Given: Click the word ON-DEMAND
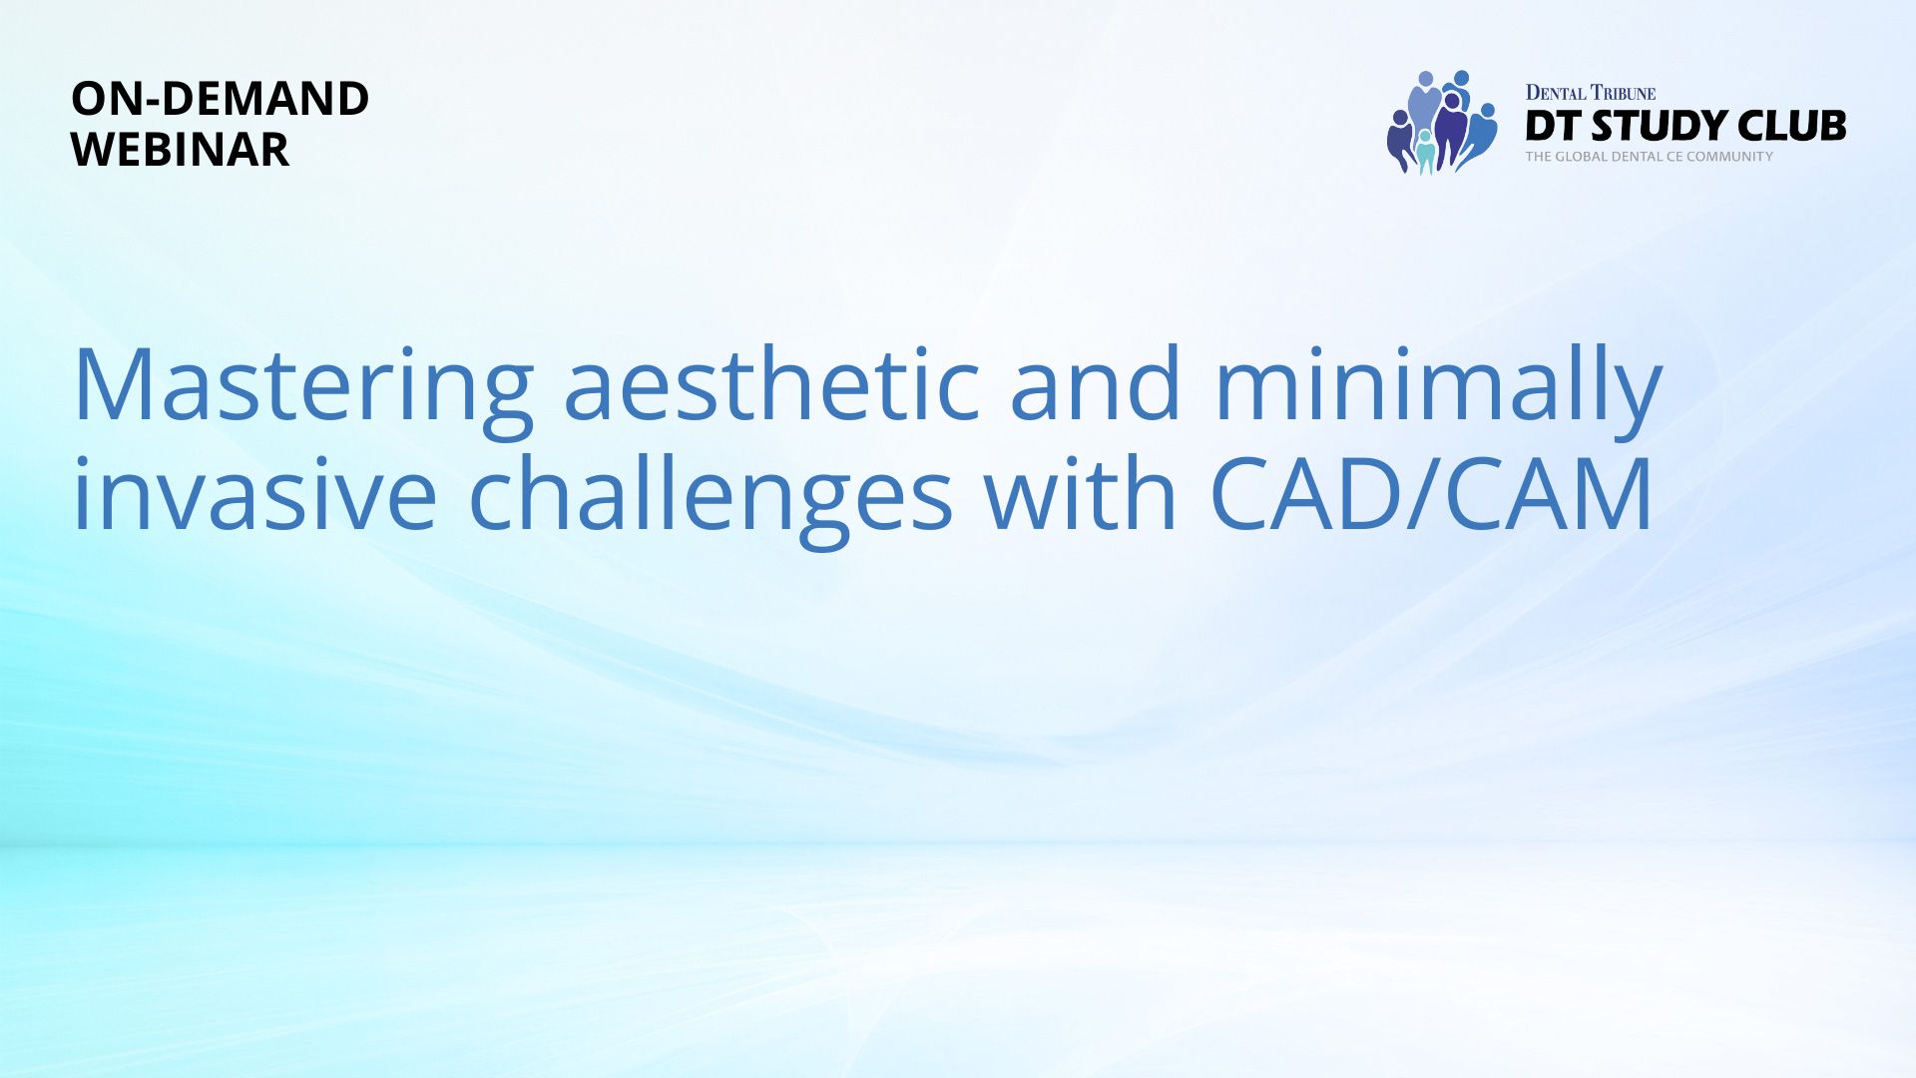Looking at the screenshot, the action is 220,99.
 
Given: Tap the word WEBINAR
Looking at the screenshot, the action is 180,150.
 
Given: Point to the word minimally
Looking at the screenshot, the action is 1438,391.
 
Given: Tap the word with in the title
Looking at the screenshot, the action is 1080,492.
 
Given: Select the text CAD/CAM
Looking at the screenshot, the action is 1432,493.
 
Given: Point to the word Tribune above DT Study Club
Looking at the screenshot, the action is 1623,93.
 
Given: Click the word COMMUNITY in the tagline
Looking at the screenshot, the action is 1729,157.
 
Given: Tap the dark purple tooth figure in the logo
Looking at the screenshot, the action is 1451,128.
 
